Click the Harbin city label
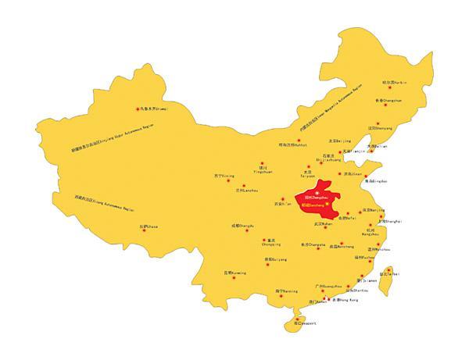pos(395,82)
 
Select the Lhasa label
pos(149,226)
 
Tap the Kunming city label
pos(234,273)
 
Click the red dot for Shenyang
pos(378,123)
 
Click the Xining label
pos(224,176)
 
